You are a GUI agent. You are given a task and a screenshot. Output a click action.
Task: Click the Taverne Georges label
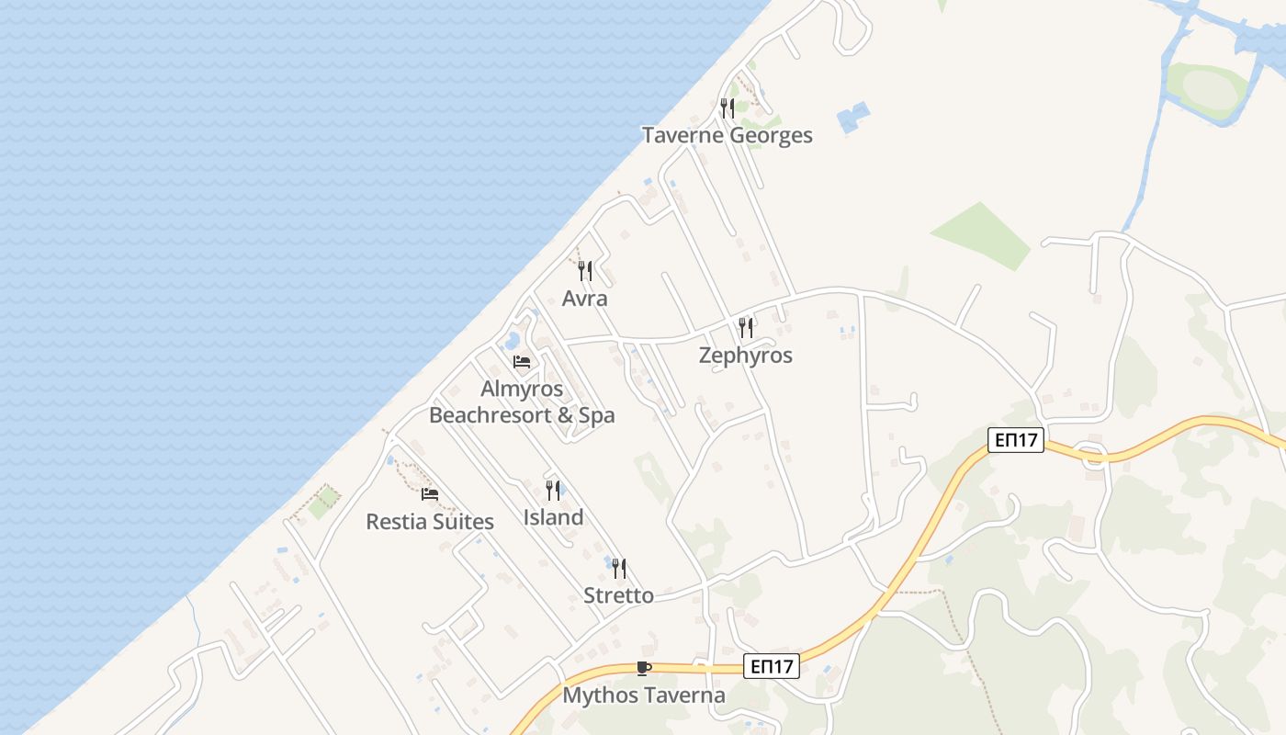click(x=727, y=135)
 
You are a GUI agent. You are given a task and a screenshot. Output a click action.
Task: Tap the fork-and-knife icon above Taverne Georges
click(x=727, y=108)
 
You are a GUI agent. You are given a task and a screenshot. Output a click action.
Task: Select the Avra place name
click(x=585, y=299)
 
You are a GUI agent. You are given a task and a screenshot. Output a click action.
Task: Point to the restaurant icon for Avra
click(x=585, y=271)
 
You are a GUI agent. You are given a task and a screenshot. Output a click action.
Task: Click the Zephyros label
click(x=745, y=356)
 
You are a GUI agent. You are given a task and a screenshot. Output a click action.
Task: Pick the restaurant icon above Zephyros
click(x=746, y=328)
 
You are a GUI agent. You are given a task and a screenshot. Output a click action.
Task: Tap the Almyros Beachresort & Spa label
click(x=522, y=401)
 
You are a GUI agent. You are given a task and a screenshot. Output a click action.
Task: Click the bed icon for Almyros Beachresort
click(x=522, y=362)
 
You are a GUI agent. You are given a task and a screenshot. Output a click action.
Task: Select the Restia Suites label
click(x=430, y=522)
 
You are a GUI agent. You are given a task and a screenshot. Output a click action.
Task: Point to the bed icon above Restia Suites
click(x=429, y=494)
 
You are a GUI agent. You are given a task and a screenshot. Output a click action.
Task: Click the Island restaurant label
click(x=553, y=517)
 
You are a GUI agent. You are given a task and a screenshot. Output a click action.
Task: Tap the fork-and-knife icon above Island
click(x=553, y=491)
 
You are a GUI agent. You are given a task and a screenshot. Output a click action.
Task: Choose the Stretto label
click(x=619, y=595)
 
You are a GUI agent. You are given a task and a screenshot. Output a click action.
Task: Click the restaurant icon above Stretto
click(x=619, y=569)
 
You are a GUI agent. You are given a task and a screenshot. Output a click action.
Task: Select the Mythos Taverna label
click(x=644, y=695)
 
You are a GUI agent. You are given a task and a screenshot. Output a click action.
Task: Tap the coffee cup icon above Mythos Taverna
click(x=644, y=668)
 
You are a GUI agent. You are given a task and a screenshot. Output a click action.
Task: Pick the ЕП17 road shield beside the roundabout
click(x=1017, y=439)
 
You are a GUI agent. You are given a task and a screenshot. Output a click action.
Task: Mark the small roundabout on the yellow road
click(x=1093, y=454)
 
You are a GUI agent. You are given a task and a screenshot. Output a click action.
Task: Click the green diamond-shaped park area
click(x=980, y=235)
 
